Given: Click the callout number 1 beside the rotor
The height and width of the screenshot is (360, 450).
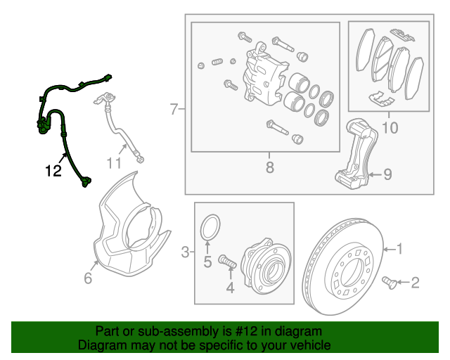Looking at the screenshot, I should coord(399,248).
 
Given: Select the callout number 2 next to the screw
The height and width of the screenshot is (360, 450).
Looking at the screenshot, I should coord(415,283).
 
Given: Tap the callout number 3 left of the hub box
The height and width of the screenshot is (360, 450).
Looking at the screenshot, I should coord(185,252).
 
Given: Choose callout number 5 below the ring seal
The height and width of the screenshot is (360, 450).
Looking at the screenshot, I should coord(208,262).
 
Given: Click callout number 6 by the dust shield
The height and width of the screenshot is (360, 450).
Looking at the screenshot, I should coord(88,278).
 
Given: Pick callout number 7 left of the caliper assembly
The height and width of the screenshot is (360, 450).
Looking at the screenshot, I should coord(174,109).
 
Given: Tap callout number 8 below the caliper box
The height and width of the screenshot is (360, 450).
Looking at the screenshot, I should coord(269,167).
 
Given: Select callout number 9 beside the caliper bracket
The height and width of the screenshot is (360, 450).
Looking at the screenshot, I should coord(387,174).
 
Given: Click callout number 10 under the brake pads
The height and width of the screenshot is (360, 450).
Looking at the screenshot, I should coord(389,128).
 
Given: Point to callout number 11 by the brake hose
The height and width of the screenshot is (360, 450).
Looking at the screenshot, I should coord(115,163).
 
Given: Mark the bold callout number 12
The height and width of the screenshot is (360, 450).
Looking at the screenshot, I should coord(54,170).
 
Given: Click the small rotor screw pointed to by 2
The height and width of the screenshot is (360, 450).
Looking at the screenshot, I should coord(387,283).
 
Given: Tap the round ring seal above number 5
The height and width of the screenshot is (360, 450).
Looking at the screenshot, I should coord(210,227).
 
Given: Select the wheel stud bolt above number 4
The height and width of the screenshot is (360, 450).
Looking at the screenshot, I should coord(227,262).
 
